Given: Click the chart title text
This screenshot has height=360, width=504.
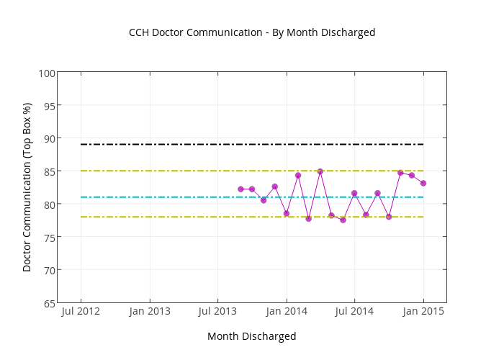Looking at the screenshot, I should coord(252,32).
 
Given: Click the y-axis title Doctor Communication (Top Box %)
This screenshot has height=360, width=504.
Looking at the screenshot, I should coord(27,187).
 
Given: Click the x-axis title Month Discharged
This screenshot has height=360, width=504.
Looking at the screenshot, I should coord(251,336).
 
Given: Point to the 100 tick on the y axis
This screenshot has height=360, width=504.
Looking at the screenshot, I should coord(47,73).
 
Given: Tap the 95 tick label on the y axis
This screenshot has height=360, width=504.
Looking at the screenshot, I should coord(49,106).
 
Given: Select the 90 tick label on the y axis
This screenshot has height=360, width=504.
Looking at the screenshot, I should coord(49,138).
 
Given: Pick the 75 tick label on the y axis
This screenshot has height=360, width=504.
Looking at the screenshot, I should coord(49,237).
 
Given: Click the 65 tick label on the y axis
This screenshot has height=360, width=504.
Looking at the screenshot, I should coord(49,303).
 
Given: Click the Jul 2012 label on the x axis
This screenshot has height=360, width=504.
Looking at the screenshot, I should coord(81,311).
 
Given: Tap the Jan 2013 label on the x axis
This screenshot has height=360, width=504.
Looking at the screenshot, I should coord(150,311).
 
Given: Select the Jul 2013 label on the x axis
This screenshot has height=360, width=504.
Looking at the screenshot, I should coord(217,311).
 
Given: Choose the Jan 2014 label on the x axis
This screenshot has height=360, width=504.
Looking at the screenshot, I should coord(287,311).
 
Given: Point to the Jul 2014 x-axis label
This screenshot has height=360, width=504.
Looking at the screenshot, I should coord(354,311).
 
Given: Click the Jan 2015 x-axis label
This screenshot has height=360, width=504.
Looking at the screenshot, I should coord(423,311).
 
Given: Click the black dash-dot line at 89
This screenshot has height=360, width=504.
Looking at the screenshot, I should coord(180,145).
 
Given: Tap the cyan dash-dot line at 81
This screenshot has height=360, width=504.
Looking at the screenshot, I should coord(180,197).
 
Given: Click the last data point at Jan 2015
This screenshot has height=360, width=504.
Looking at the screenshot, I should coord(423,183).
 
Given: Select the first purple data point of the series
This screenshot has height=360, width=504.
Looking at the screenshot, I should coord(240,189).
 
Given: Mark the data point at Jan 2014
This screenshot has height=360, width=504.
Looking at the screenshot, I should coord(287,213).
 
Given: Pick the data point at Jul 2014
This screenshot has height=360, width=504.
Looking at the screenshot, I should coord(354,193).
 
